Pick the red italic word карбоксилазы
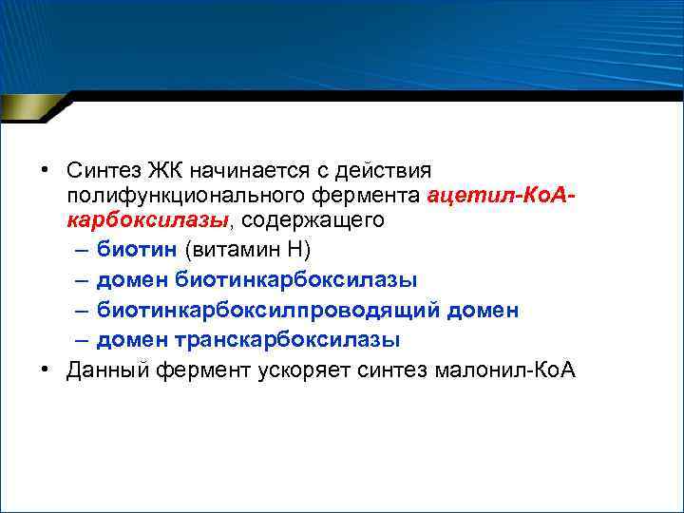(147, 220)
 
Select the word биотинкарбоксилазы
(295, 279)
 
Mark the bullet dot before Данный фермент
(44, 370)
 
